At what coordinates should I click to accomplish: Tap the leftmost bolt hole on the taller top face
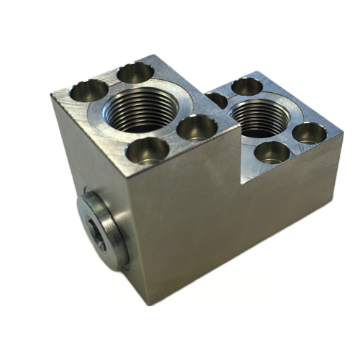click(x=89, y=91)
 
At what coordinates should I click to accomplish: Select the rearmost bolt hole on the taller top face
click(x=136, y=72)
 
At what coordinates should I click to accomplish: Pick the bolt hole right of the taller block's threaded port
click(x=196, y=127)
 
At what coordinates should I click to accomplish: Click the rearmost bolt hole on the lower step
click(x=247, y=86)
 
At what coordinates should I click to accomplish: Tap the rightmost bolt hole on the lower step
click(x=309, y=132)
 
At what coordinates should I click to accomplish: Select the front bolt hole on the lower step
click(x=272, y=152)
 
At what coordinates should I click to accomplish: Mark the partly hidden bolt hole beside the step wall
click(x=217, y=100)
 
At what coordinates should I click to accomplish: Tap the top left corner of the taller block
click(x=51, y=94)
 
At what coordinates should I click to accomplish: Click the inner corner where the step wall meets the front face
click(x=240, y=182)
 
